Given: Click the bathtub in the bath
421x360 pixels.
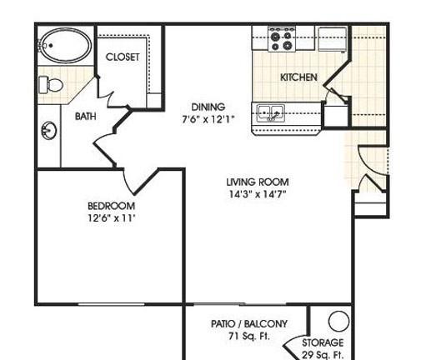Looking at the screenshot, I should pos(65,47).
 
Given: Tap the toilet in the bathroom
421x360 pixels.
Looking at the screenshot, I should pos(49,83).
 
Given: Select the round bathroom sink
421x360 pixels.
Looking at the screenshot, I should pos(48,131).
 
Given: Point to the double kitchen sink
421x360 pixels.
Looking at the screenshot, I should pos(271,112).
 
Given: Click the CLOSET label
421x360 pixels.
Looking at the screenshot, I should pos(123,57).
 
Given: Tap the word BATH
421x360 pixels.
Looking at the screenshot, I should pos(85,117).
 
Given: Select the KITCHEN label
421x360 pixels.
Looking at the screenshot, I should pos(298,77).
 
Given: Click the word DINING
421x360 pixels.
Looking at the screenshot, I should pos(208,107).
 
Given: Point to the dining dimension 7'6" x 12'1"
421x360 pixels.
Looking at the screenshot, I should pos(208,119).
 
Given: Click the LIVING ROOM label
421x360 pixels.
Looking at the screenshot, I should pos(258,182).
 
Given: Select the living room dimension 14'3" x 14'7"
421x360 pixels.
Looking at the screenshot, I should pos(258,195).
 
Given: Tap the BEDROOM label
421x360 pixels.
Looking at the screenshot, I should pos(111,206).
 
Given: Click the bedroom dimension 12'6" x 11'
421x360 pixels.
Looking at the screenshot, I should pos(111,218).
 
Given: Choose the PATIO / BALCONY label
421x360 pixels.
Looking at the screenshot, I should pos(249,323).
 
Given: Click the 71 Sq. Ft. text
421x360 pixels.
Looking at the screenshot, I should pos(249,337).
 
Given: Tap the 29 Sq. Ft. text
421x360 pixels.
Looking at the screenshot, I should pos(322,354).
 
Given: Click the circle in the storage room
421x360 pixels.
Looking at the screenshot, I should pos(338,320).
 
